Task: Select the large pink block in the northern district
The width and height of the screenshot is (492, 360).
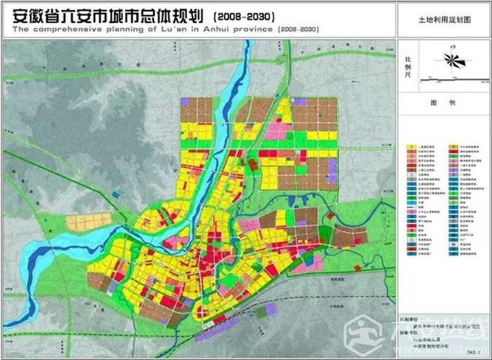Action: pyautogui.click(x=275, y=131)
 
